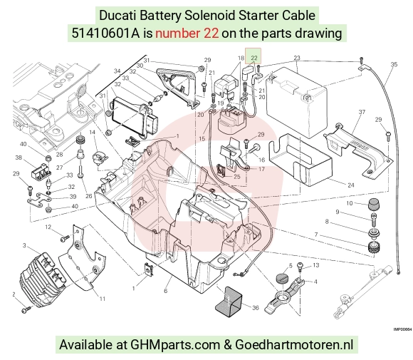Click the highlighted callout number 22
pyautogui.click(x=254, y=58)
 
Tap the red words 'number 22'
pyautogui.click(x=187, y=34)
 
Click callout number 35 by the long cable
pyautogui.click(x=394, y=64)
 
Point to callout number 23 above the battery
pyautogui.click(x=297, y=58)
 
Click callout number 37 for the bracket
pyautogui.click(x=362, y=112)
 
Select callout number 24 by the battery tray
pyautogui.click(x=351, y=185)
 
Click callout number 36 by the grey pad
pyautogui.click(x=256, y=307)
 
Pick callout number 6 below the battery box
pyautogui.click(x=165, y=291)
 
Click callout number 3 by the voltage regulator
pyautogui.click(x=24, y=245)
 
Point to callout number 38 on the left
pyautogui.click(x=19, y=158)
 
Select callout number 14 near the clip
pyautogui.click(x=92, y=132)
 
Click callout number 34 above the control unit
pyautogui.click(x=117, y=71)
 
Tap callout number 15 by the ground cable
pyautogui.click(x=202, y=139)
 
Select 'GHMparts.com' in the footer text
pyautogui.click(x=175, y=345)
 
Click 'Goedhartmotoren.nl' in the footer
pyautogui.click(x=294, y=344)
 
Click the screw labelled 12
pyautogui.click(x=65, y=238)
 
